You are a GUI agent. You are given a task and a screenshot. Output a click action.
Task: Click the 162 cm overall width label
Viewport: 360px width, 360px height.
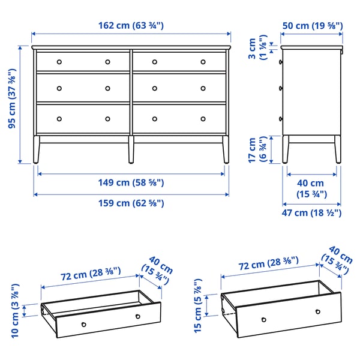131,26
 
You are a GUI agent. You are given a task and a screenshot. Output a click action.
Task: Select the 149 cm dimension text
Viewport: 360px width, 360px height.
131,183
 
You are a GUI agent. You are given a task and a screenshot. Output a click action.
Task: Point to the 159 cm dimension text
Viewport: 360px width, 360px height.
131,203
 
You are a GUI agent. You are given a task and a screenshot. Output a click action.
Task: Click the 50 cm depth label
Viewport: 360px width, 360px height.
312,26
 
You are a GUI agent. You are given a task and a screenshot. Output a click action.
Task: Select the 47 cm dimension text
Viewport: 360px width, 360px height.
312,212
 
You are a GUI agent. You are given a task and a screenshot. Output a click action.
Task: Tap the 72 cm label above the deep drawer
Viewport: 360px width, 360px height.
260,263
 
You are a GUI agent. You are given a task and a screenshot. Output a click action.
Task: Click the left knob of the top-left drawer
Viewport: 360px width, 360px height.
59,61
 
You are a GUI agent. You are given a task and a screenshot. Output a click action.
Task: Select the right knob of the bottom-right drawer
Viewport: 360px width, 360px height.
203,118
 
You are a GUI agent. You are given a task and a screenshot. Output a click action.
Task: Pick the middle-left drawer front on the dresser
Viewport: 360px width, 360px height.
83,88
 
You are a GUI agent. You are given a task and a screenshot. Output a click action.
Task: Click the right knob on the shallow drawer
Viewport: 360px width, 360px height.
137,316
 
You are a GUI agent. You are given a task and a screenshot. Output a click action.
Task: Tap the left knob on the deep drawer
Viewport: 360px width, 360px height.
262,318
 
